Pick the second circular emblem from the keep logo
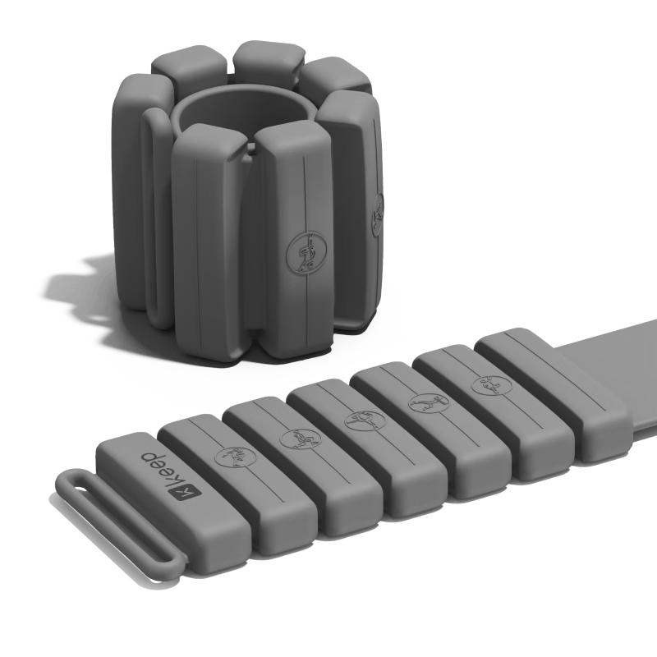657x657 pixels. click(x=301, y=439)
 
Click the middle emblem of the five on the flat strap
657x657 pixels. click(x=365, y=420)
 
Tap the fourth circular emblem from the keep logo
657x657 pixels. click(x=429, y=403)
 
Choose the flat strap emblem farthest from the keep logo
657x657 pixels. click(x=491, y=385)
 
